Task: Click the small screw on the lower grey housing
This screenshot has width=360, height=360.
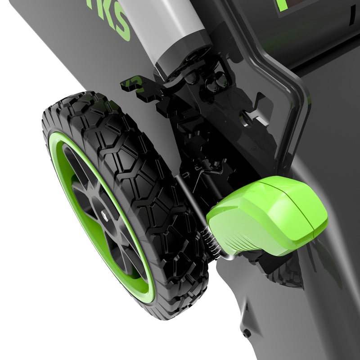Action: coord(247,333)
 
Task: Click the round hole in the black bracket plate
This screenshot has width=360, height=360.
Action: coord(247,118)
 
